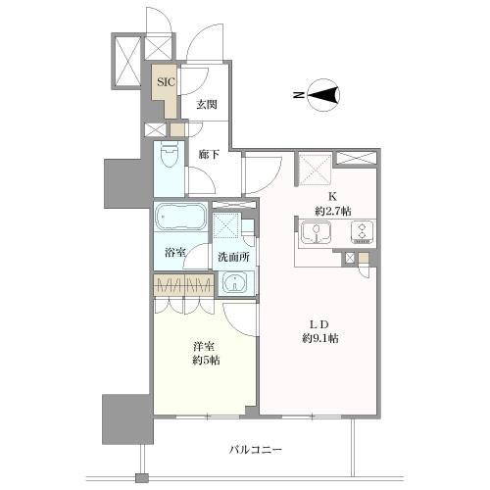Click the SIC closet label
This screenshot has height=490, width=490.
coord(166,81)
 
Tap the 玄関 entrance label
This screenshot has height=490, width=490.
coord(207,105)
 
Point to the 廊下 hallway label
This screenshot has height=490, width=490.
coord(209,154)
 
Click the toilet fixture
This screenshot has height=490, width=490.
coord(169,155)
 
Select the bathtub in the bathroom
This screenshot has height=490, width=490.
coord(180,217)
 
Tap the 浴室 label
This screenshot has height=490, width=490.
coord(175,252)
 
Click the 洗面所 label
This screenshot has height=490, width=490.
coord(234,257)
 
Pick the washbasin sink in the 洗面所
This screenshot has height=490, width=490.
coord(234,283)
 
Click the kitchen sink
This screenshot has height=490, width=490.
coord(316,233)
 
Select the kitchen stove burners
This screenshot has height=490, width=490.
coord(363,232)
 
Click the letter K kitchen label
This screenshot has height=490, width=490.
coord(332,197)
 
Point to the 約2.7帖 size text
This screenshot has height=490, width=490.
coord(333,212)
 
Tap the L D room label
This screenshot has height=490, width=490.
coord(318,324)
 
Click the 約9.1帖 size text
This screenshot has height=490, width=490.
coord(319,338)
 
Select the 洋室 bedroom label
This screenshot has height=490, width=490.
coord(206,346)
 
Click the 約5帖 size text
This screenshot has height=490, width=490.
coord(206,361)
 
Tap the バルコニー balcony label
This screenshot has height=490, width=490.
coord(255,450)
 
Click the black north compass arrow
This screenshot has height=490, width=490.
coord(323,95)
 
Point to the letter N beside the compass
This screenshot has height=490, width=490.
coord(298,95)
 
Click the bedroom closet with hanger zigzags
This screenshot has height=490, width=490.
coord(183,285)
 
